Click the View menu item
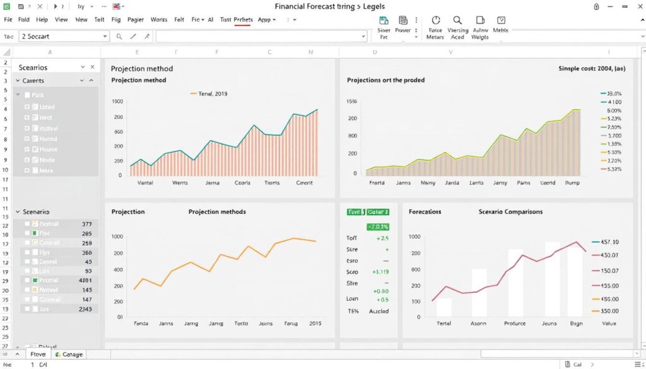pyautogui.click(x=61, y=20)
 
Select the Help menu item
pyautogui.click(x=43, y=20)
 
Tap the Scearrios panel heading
pyautogui.click(x=33, y=67)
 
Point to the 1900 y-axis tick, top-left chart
pyautogui.click(x=117, y=101)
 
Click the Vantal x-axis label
pyautogui.click(x=145, y=183)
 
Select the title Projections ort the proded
pyautogui.click(x=385, y=80)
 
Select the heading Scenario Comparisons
pyautogui.click(x=510, y=212)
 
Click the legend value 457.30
pyautogui.click(x=609, y=242)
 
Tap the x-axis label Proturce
pyautogui.click(x=514, y=323)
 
